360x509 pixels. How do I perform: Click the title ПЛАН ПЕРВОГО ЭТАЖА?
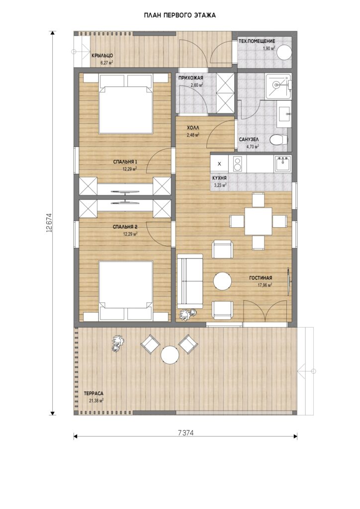180,15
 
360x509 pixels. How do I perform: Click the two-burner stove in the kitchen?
238,164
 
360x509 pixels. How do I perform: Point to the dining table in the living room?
259,221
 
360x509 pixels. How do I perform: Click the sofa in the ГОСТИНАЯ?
190,281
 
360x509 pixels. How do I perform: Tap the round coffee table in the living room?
222,281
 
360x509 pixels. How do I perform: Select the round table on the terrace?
170,355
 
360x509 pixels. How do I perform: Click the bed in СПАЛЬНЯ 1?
126,103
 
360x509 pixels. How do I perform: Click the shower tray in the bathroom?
278,86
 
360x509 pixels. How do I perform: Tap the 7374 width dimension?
185,433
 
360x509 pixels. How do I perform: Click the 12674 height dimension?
49,223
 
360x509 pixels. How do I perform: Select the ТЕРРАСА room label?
93,394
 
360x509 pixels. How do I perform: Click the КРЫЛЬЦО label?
102,56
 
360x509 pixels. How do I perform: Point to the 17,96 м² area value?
265,285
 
